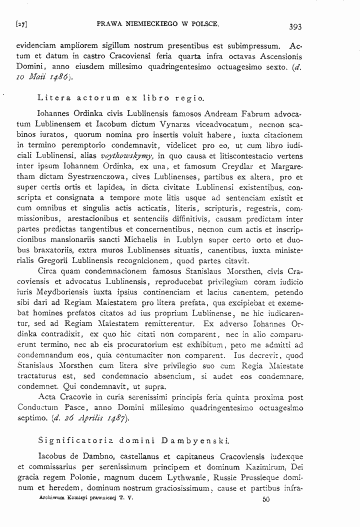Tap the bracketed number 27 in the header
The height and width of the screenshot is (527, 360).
[x=21, y=24]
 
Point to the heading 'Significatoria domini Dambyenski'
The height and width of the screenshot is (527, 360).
[x=133, y=441]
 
